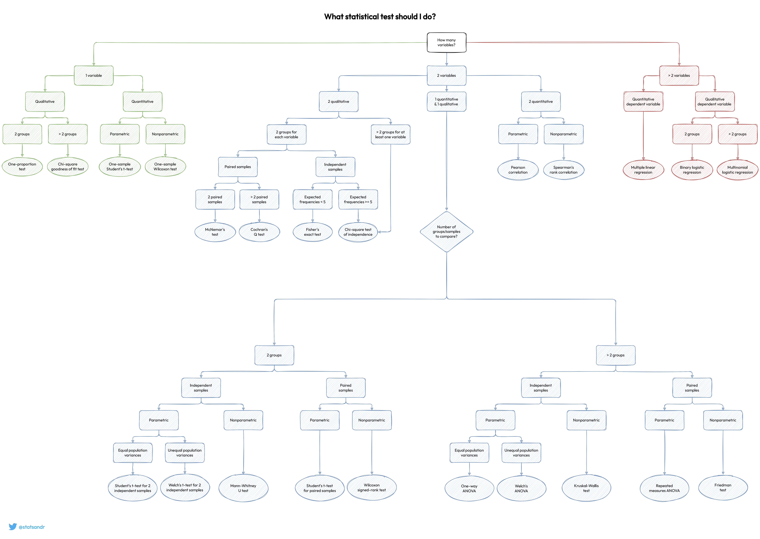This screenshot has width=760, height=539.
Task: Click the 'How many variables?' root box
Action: click(x=446, y=43)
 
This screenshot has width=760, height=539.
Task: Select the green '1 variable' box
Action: click(x=94, y=76)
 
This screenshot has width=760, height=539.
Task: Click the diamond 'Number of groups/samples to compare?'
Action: click(x=446, y=232)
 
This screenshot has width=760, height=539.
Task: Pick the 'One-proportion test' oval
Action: click(x=22, y=167)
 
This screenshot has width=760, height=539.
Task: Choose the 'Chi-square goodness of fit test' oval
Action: click(x=68, y=167)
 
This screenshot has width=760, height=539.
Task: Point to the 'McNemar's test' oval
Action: click(x=215, y=232)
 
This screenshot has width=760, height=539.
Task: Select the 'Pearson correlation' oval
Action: click(x=518, y=170)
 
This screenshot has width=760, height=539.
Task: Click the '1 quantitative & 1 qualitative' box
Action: click(x=446, y=102)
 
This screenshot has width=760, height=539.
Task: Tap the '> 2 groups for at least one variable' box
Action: click(x=390, y=134)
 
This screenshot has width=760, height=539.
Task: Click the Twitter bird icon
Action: click(x=13, y=527)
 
